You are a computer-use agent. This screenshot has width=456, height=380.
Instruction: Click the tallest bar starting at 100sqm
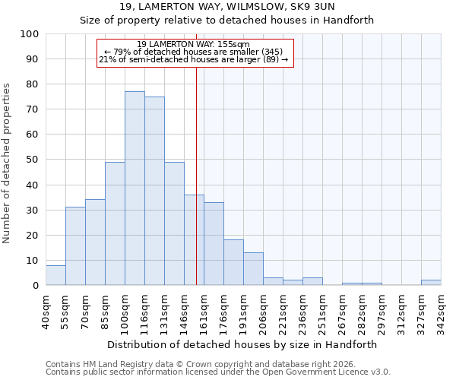click(135, 188)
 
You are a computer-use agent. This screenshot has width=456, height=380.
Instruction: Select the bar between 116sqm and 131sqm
click(154, 191)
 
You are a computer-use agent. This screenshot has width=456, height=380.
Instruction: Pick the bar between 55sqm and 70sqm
click(75, 246)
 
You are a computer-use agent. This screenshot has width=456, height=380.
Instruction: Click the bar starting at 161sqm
click(214, 244)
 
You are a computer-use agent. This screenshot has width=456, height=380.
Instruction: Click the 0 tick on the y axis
click(36, 285)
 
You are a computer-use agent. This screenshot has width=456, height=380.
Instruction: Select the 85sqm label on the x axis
click(105, 309)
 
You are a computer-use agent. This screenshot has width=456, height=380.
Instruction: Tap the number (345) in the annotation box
click(271, 52)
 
